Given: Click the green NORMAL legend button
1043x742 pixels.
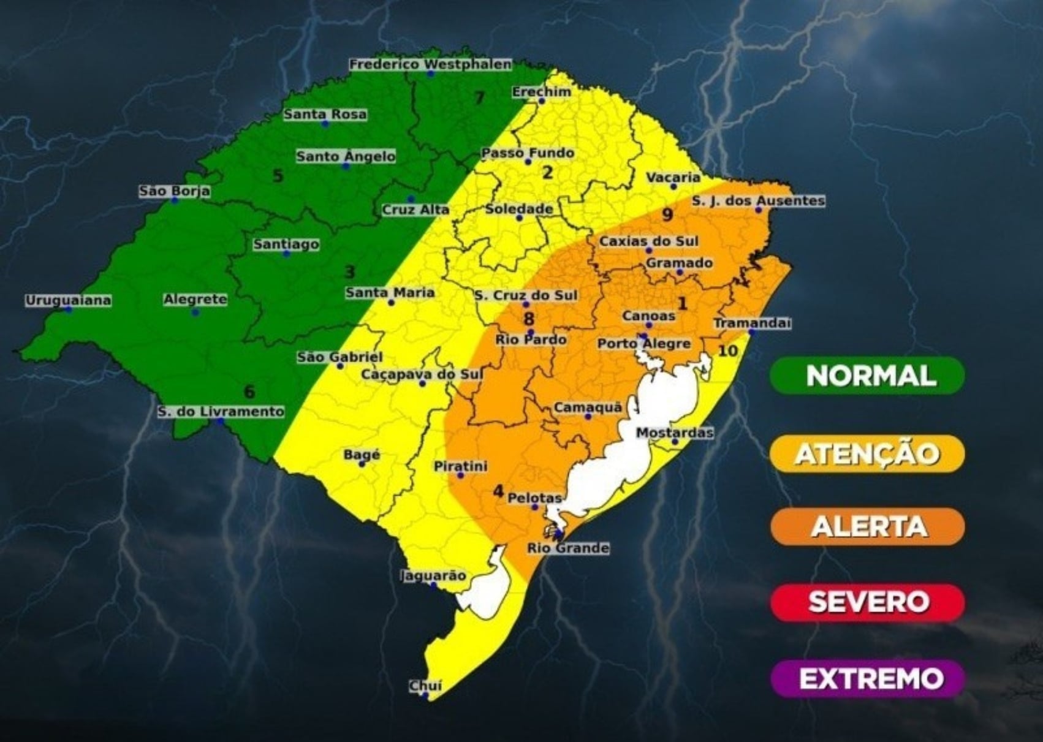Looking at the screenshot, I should (868, 375).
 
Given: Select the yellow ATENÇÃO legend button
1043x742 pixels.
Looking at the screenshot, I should (868, 453).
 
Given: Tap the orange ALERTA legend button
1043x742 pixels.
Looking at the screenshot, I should (868, 526).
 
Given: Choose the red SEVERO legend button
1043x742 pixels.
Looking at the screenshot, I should (868, 602).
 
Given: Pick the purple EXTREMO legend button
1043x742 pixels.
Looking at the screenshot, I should (868, 678).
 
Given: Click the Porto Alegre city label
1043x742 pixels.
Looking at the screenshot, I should (644, 344).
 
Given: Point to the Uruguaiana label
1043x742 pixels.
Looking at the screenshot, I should (68, 300).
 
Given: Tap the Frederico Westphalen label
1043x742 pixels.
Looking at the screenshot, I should (430, 64).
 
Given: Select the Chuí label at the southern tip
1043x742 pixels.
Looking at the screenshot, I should (425, 686).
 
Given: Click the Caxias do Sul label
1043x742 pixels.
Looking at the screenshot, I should (648, 241).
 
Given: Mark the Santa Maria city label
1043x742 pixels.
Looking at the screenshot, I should (390, 292).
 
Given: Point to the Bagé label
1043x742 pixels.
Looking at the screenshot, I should (362, 455).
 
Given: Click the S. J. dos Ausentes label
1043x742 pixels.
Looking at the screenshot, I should (758, 200).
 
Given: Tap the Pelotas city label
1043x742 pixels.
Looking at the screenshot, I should (534, 498).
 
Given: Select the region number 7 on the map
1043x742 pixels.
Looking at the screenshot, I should (479, 97).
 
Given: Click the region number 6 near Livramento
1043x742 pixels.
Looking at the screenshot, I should (249, 392).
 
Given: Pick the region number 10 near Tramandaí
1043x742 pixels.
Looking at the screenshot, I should (727, 351).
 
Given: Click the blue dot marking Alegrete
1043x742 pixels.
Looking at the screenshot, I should (195, 312).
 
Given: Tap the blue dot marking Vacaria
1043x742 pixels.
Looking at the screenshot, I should (673, 186).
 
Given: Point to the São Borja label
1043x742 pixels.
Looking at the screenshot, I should (175, 191).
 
